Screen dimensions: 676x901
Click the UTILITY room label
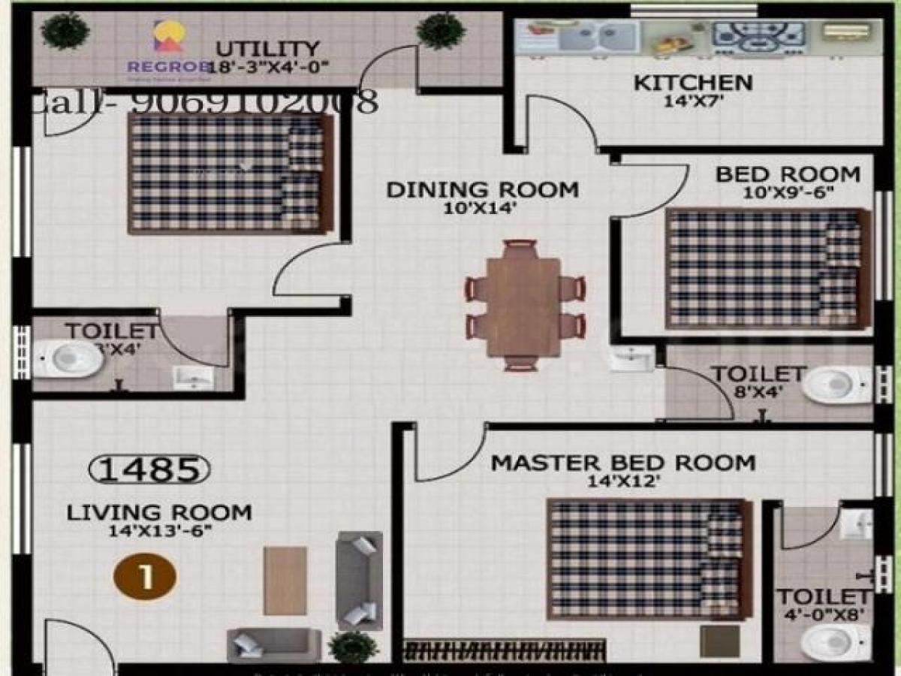pos(267,50)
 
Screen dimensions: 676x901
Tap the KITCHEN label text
pos(692,82)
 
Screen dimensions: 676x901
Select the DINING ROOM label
pos(482,189)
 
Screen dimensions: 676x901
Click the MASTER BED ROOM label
pos(622,463)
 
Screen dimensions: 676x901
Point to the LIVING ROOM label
pos(159,513)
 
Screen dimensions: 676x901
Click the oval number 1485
pos(149,469)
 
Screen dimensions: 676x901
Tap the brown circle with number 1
pos(145,577)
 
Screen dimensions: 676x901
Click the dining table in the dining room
pos(523,306)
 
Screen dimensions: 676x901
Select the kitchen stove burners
pos(758,36)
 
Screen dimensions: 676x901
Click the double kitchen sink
pos(596,35)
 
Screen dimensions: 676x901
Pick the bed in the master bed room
pos(649,559)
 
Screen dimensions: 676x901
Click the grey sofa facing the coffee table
pos(359,579)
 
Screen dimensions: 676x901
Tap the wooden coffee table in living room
pos(285,580)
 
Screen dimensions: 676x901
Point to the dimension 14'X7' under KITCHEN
pos(692,101)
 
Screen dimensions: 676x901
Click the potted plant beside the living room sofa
pos(353,647)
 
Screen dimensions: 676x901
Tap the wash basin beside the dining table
pos(631,359)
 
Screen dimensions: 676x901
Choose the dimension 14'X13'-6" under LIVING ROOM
pos(159,531)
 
